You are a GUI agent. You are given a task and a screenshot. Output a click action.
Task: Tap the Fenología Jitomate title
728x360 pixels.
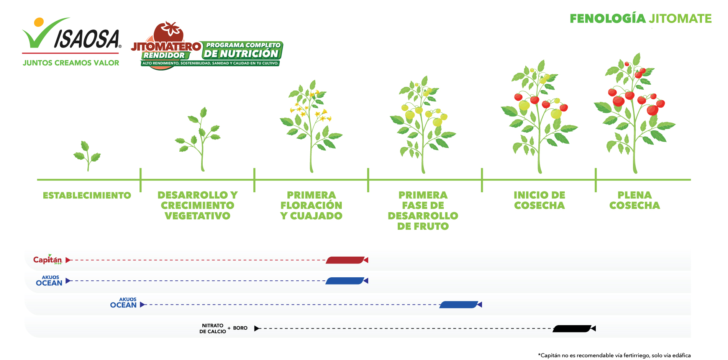(641, 18)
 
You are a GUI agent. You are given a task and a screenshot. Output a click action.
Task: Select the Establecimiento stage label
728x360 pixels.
(87, 195)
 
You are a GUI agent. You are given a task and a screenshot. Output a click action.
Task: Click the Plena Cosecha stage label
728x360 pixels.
(635, 200)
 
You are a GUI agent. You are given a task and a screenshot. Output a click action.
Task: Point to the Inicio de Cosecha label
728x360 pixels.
(539, 200)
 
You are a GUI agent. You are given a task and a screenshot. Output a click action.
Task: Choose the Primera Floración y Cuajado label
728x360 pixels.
(311, 205)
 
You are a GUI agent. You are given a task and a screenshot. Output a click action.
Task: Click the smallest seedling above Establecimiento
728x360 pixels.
(87, 155)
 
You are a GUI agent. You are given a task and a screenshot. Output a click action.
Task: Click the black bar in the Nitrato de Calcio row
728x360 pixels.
(572, 329)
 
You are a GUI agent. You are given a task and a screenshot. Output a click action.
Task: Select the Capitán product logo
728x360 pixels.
(48, 259)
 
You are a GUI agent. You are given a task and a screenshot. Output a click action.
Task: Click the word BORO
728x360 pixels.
(240, 328)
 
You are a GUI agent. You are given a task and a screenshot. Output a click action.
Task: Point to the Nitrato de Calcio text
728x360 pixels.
(213, 329)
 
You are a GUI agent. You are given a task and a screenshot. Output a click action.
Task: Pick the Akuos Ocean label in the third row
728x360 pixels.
(123, 303)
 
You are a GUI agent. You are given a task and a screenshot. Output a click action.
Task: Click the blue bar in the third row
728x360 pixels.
(459, 305)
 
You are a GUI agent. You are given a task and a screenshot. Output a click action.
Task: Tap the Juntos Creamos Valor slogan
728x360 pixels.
(71, 63)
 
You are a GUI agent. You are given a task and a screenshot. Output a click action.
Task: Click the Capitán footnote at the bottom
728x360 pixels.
(614, 355)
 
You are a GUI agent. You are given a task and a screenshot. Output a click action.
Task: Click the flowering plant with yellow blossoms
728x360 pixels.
(311, 126)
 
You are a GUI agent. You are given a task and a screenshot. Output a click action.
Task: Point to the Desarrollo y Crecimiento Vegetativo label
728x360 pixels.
(197, 205)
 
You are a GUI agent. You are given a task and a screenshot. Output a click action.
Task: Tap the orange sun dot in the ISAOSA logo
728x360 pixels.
(39, 22)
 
